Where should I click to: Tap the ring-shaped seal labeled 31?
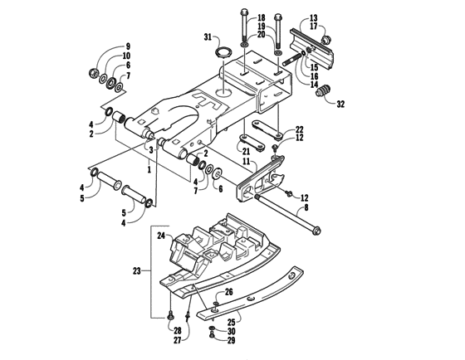(223, 55)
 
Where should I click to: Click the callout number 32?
(340, 105)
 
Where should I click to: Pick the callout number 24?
(161, 236)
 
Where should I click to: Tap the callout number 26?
(229, 292)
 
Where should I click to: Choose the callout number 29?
(232, 340)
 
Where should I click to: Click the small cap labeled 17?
(324, 36)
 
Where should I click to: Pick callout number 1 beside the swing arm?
(149, 168)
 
